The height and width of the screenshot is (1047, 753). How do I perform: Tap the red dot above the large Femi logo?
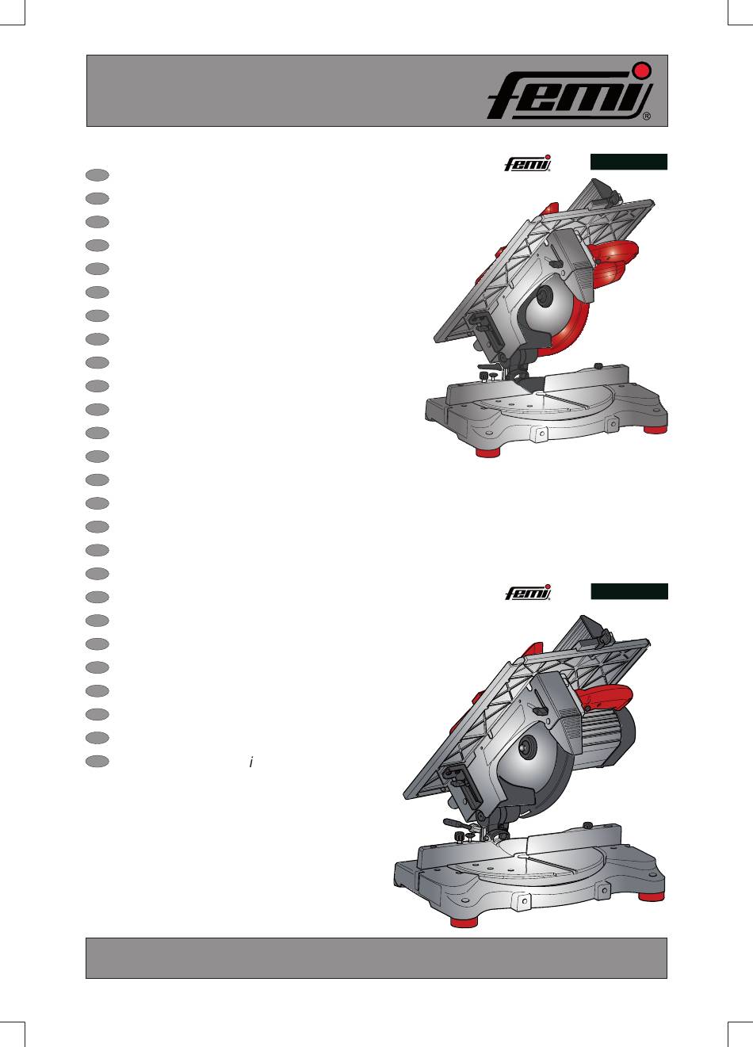tap(643, 70)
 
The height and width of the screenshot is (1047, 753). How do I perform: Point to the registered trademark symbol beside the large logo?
tap(647, 117)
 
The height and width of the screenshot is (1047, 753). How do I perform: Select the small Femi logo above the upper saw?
tap(528, 163)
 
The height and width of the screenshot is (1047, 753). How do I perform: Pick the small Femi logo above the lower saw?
tap(528, 592)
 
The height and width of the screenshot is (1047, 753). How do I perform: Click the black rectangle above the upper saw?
tap(629, 162)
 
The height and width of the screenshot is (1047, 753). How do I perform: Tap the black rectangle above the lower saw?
tap(629, 591)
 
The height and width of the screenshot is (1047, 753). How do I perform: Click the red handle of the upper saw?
tap(613, 262)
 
